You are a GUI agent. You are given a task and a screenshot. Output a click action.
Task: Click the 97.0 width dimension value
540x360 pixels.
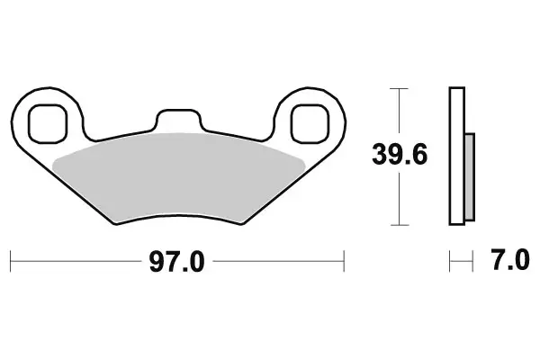tap(177, 262)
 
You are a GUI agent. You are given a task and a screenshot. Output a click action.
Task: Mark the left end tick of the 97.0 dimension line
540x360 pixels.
tap(10, 262)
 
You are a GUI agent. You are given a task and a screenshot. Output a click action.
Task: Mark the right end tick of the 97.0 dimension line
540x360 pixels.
tap(345, 262)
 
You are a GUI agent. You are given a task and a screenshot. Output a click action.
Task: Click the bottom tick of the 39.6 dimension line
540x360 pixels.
tap(400, 224)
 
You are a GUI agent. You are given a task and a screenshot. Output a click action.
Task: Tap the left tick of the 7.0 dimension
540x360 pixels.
tap(449, 262)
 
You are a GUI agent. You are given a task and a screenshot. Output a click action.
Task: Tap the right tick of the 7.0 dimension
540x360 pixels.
tap(472, 262)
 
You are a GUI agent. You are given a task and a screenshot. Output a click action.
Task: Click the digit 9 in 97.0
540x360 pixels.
tap(157, 262)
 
